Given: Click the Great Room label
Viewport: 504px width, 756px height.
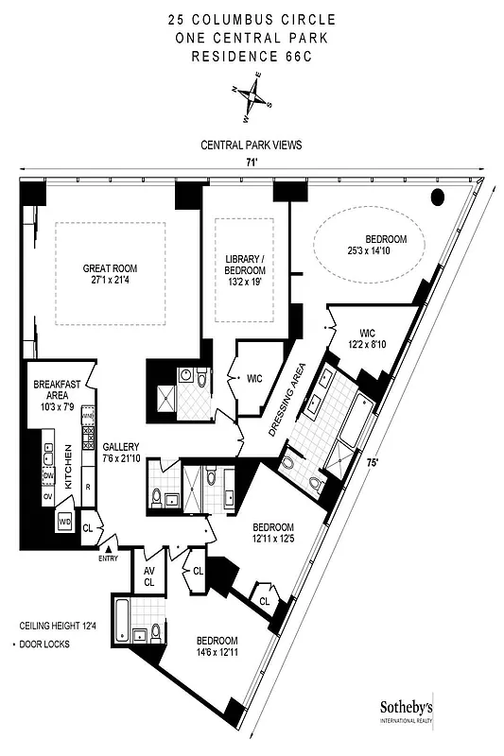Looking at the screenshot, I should click(x=110, y=273).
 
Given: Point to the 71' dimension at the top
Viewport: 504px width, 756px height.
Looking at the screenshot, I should click(x=251, y=163).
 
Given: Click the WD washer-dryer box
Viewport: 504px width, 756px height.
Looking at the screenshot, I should click(x=65, y=521).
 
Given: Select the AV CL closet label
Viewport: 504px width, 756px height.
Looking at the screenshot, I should click(x=149, y=576).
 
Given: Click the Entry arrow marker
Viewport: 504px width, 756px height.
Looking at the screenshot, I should click(x=110, y=549).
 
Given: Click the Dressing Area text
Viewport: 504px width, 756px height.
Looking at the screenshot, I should click(x=289, y=399).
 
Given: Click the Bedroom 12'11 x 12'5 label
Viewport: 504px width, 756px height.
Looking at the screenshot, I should click(x=274, y=532).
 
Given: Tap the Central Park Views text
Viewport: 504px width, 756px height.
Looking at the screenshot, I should click(x=252, y=146).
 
